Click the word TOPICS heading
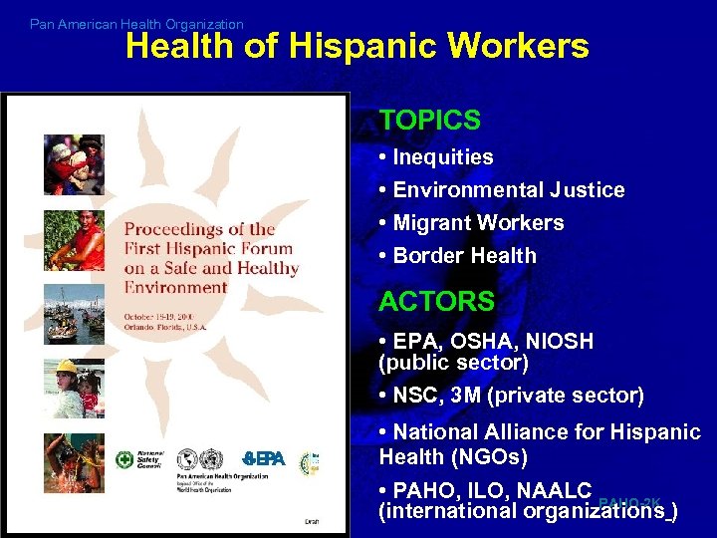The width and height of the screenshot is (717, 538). click(x=429, y=121)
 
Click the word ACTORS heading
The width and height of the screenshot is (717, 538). click(x=436, y=301)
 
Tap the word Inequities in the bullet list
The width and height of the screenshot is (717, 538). click(x=442, y=157)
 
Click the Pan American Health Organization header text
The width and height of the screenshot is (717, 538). click(x=136, y=24)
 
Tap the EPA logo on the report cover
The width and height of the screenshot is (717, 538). click(x=264, y=458)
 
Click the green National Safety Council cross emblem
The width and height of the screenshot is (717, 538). click(x=125, y=460)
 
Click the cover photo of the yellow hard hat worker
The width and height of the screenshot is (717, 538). click(x=73, y=388)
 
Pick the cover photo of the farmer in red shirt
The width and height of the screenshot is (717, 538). click(x=73, y=240)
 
